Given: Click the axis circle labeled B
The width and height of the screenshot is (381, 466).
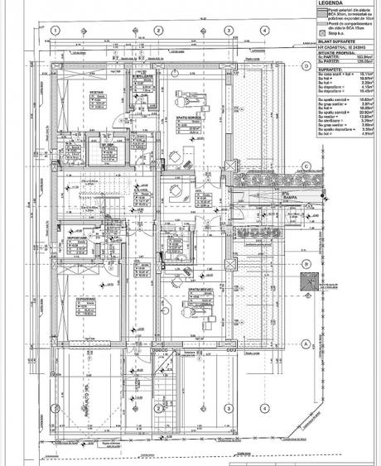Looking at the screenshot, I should pyautogui.click(x=306, y=265).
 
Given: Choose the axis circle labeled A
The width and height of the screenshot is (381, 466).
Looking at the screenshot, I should pyautogui.click(x=306, y=343).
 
